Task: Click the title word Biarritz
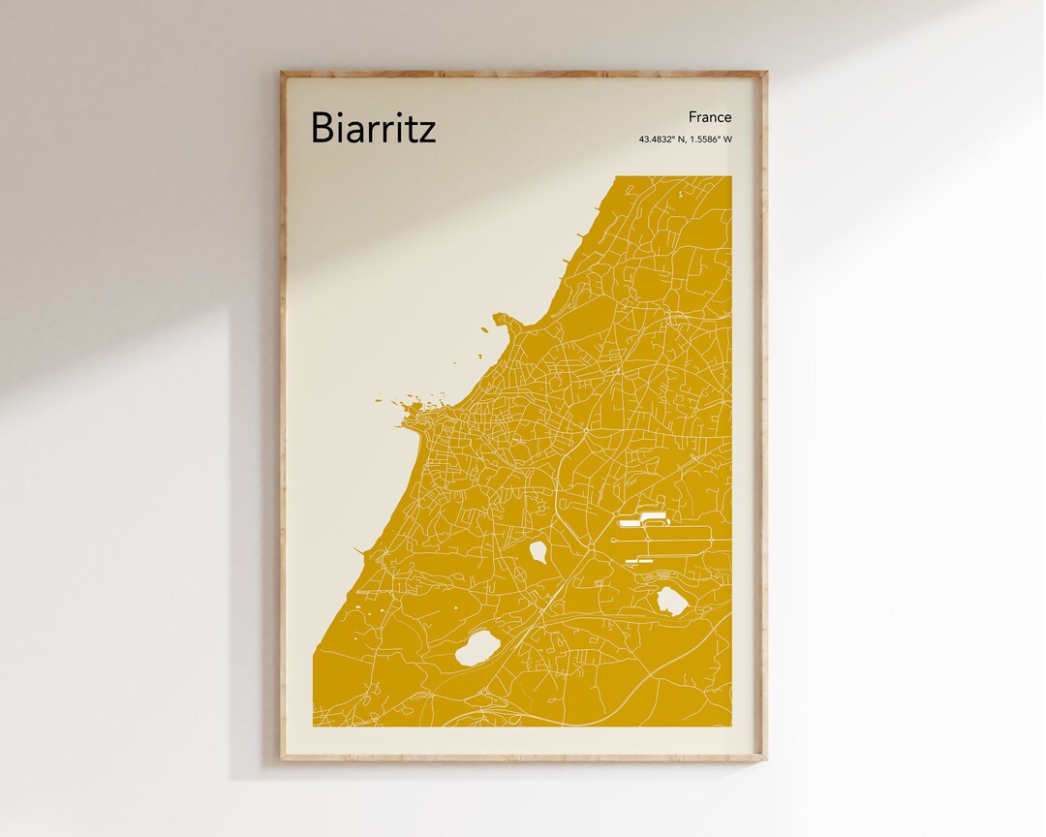click(x=373, y=128)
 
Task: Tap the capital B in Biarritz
click(x=323, y=128)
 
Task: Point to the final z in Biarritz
click(x=427, y=131)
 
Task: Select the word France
click(x=710, y=117)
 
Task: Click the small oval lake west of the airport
click(x=538, y=552)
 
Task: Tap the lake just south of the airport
click(x=672, y=602)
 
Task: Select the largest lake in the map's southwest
click(x=476, y=647)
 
